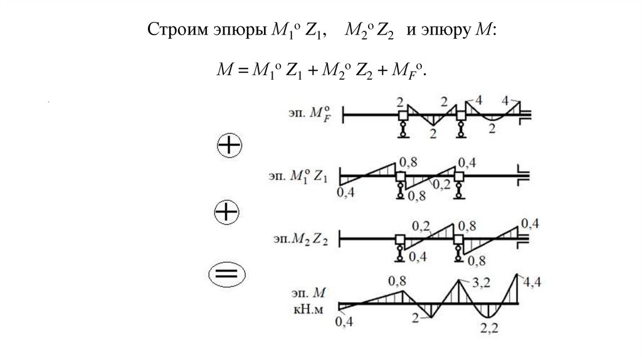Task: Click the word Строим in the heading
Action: pos(173,31)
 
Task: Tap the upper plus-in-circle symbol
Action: pos(229,146)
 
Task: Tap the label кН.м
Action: pos(311,309)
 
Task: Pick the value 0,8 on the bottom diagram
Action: pos(397,280)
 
